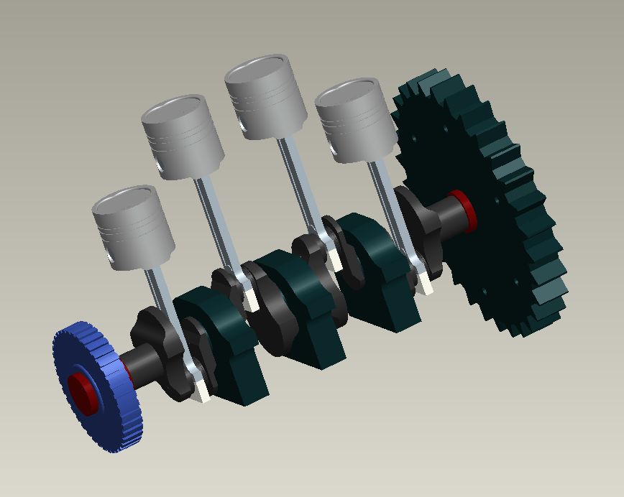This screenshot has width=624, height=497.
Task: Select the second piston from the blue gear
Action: [184, 141]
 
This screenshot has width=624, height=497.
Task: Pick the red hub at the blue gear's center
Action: [81, 392]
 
